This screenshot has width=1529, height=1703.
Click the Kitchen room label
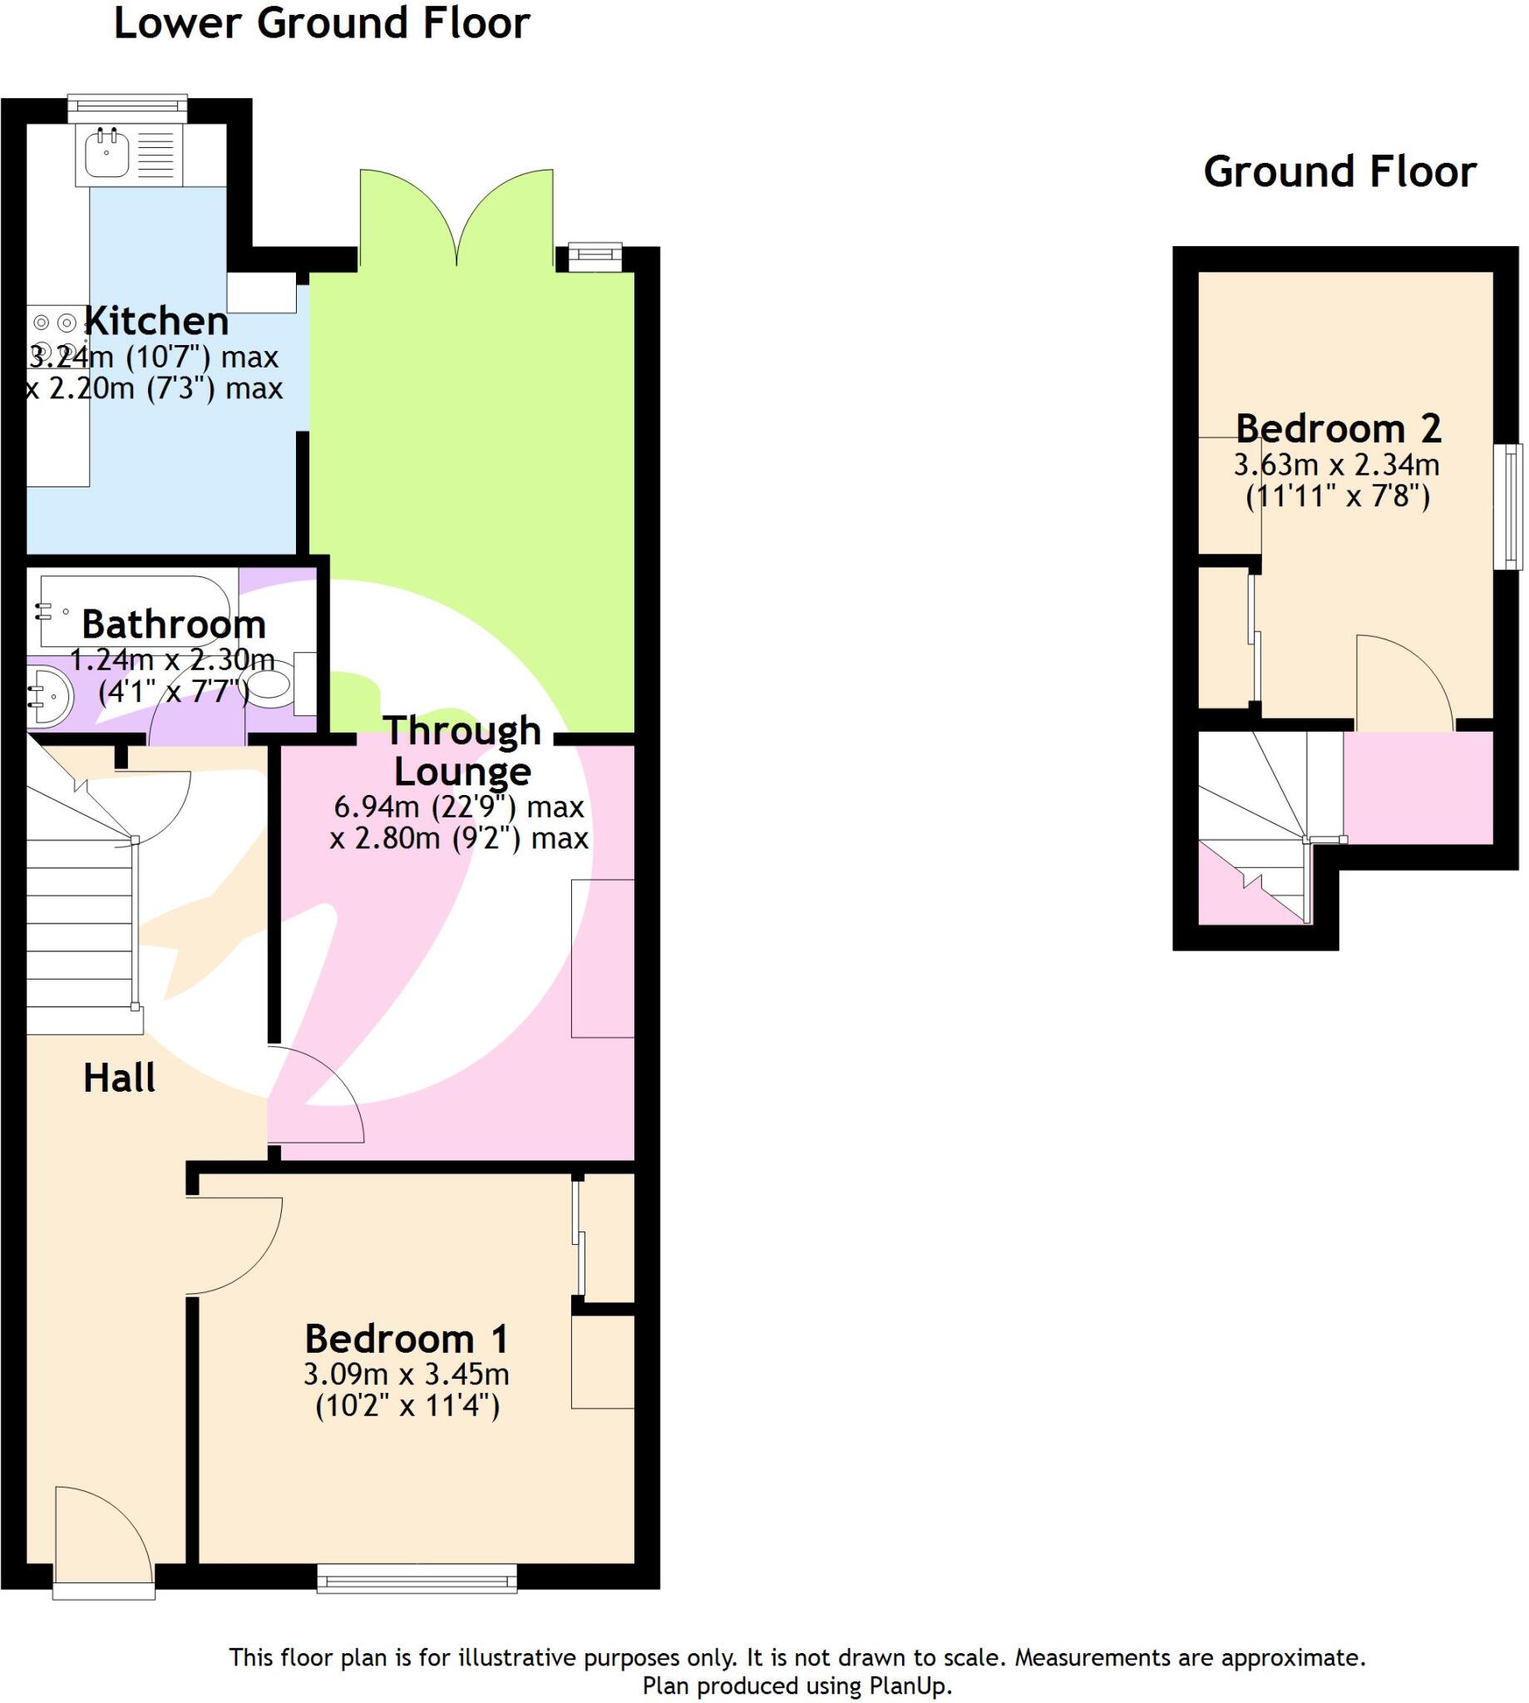coord(157,322)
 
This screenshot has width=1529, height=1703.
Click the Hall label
coord(119,1078)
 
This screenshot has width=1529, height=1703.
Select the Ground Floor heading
coord(1339,172)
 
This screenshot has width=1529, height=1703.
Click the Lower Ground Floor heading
coord(322,23)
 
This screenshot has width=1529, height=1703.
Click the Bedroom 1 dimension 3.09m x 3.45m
coord(407,1375)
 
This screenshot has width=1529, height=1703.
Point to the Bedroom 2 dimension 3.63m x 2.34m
coord(1336,465)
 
